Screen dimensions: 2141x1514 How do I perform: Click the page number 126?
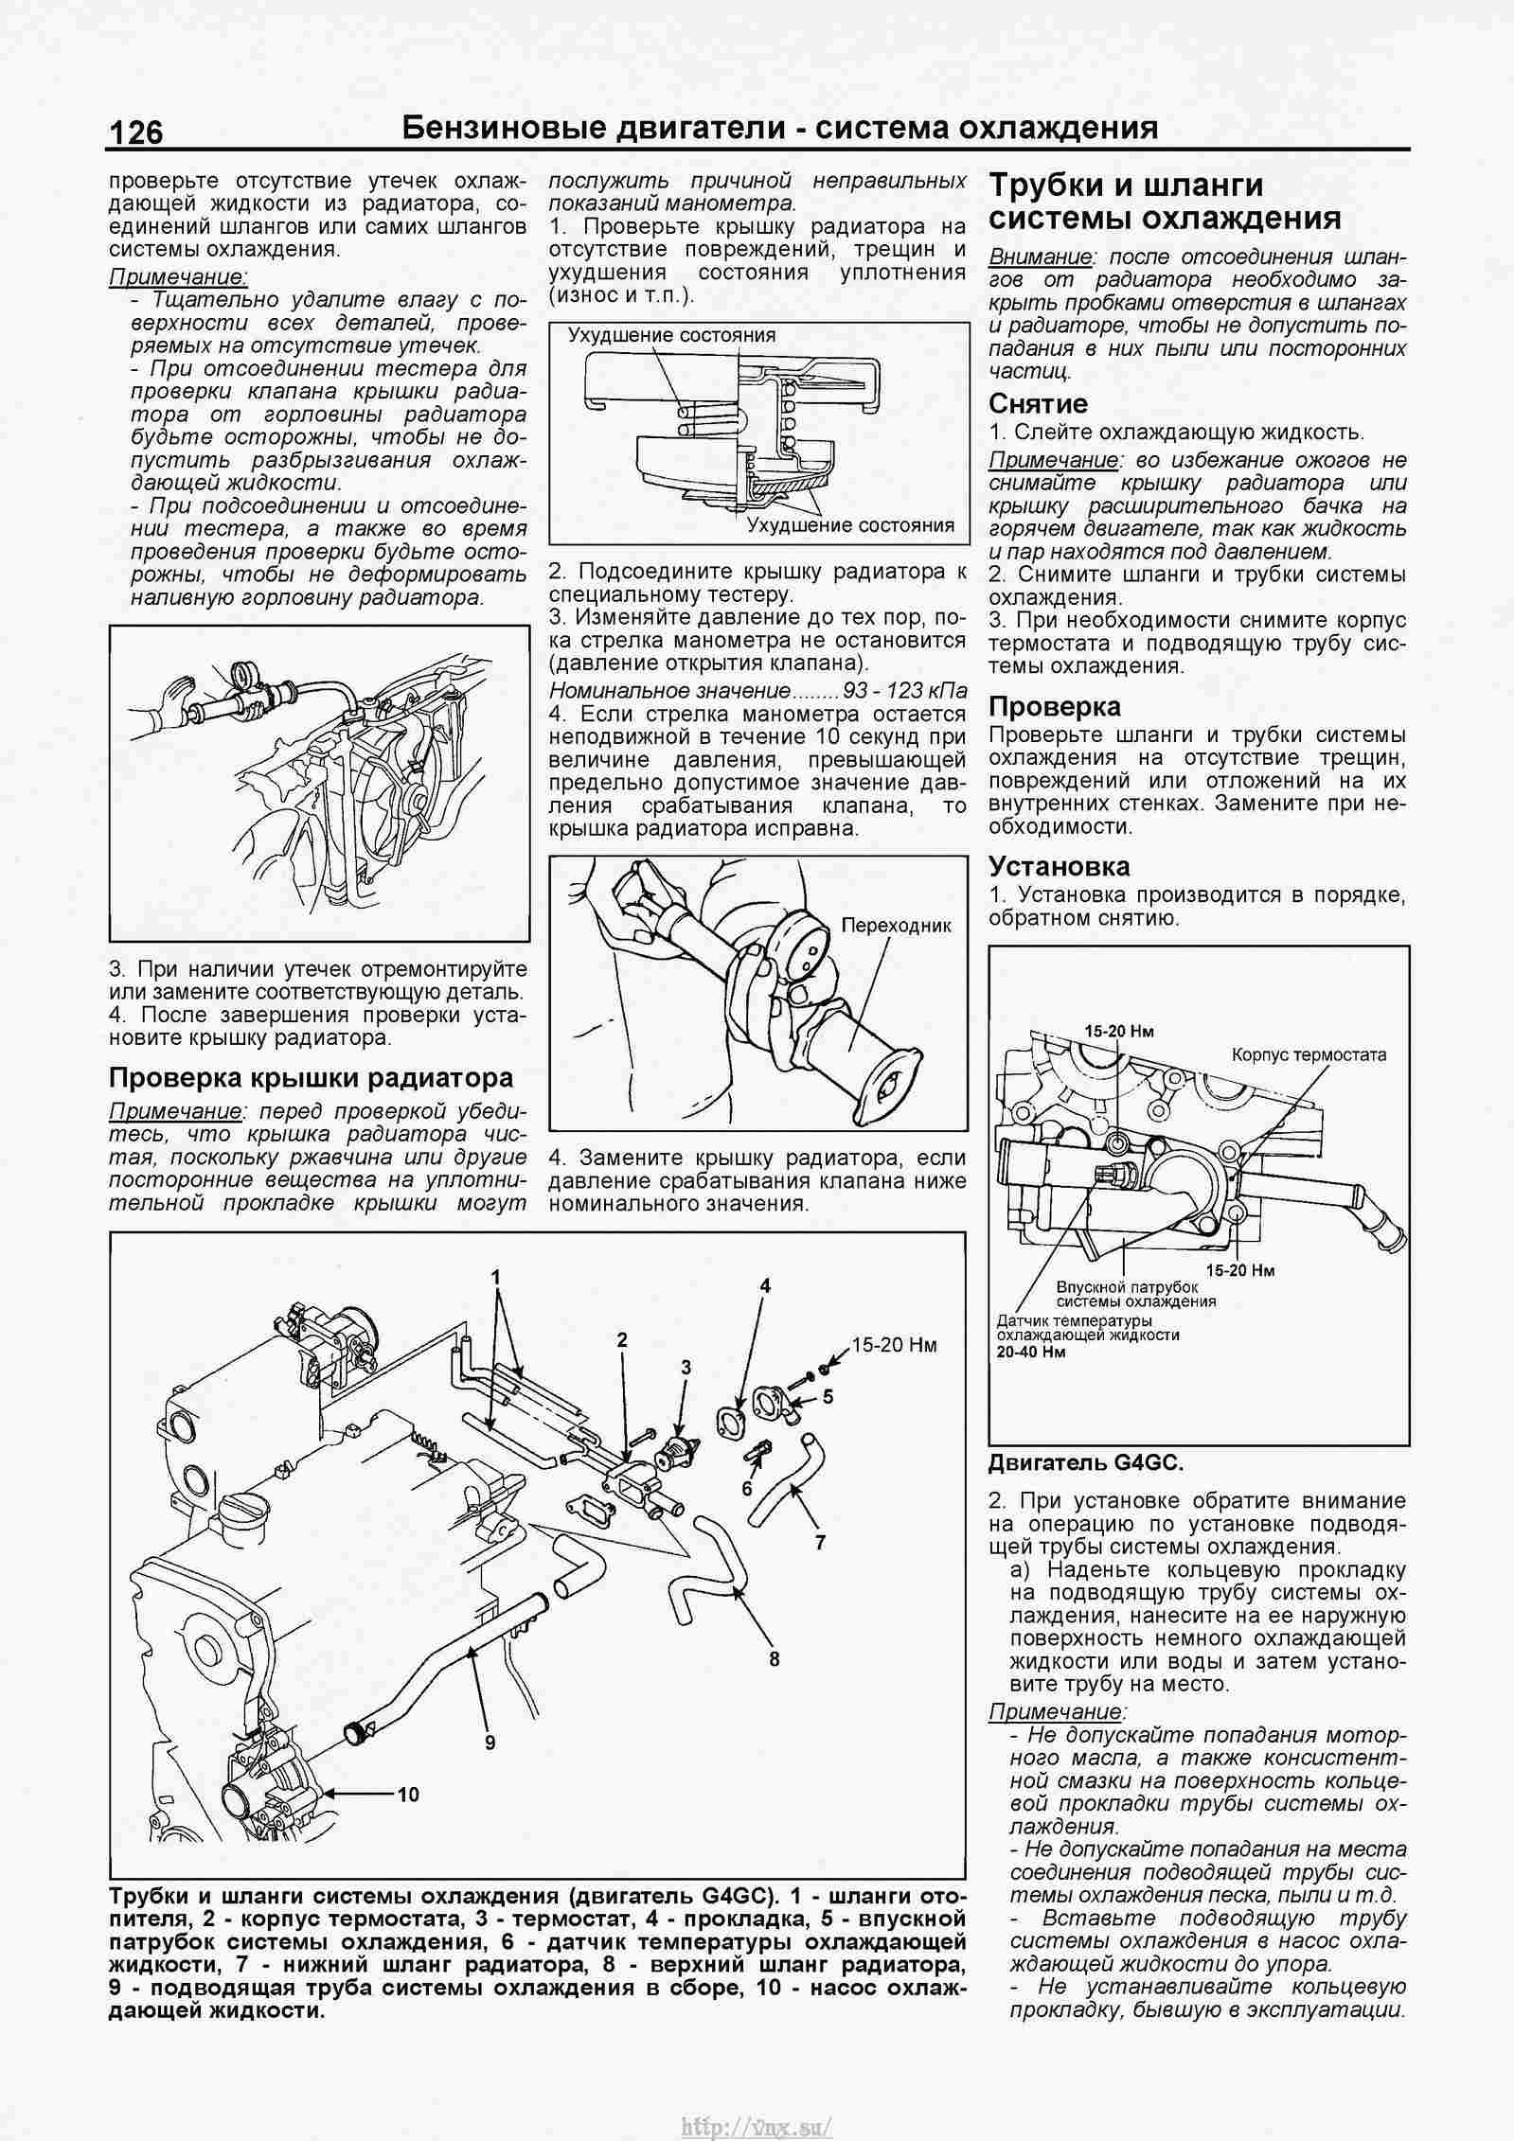click(x=136, y=133)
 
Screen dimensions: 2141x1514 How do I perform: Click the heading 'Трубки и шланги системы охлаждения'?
click(x=1165, y=202)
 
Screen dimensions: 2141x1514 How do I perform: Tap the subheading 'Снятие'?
click(x=1038, y=403)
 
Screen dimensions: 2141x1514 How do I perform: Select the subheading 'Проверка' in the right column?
click(x=1054, y=706)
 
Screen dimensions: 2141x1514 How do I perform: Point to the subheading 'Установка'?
click(x=1059, y=866)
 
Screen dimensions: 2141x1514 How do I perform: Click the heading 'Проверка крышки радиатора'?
click(x=312, y=1077)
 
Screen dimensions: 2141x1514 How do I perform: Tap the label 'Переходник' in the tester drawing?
click(x=896, y=926)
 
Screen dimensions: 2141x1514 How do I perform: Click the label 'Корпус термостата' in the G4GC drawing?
click(x=1309, y=1054)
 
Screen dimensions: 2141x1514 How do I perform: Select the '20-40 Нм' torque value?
click(x=1030, y=1352)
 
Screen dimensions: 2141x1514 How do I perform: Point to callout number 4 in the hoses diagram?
click(x=765, y=1285)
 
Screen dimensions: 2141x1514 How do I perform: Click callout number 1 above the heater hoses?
click(x=494, y=1277)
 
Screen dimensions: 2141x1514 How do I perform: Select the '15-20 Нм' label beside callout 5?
click(x=894, y=1345)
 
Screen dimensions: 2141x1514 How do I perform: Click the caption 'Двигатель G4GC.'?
click(x=1085, y=1462)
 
